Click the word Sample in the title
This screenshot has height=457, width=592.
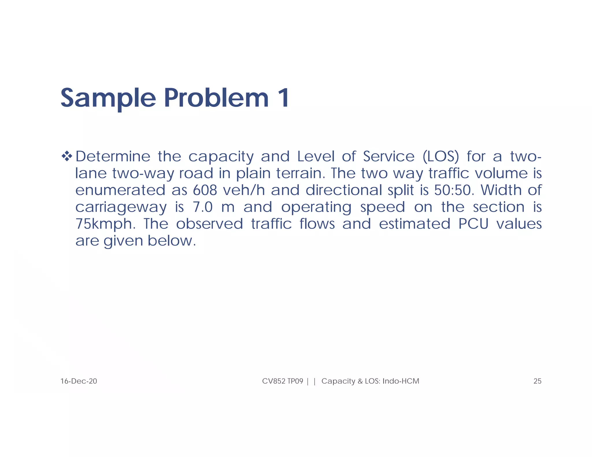coord(108,98)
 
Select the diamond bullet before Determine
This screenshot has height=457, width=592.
coord(67,156)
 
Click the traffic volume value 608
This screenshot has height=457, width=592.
coord(205,190)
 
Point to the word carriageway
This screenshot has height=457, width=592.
coord(121,207)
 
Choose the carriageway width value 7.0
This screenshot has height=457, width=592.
coord(202,207)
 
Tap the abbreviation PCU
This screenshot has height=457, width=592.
coord(473,224)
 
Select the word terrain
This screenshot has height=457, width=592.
coord(299,173)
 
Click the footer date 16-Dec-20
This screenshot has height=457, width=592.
coord(79,381)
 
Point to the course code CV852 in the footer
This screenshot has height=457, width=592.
coord(274,381)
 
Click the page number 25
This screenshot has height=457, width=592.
coord(537,381)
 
